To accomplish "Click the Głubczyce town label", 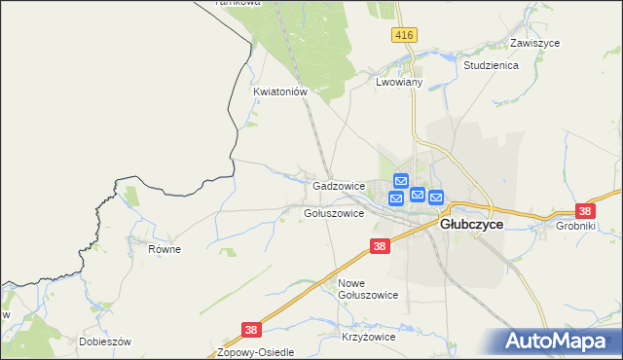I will [x=471, y=224].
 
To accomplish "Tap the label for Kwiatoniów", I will [x=280, y=92].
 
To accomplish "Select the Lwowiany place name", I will [x=398, y=84].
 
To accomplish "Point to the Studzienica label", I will [x=491, y=65].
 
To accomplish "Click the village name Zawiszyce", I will [x=533, y=44].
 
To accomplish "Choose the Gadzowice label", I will [x=338, y=185].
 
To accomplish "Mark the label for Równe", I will [x=165, y=249].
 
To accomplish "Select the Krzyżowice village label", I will [x=368, y=337].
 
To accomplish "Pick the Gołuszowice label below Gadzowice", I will [x=334, y=213].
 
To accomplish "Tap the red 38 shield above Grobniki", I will [x=584, y=210].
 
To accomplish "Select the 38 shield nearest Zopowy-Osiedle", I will [x=251, y=330].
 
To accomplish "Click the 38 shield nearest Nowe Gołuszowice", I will [x=380, y=247].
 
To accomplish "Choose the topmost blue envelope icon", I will [x=400, y=181].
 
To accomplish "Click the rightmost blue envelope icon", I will [x=435, y=198].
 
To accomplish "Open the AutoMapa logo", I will [x=558, y=342].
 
